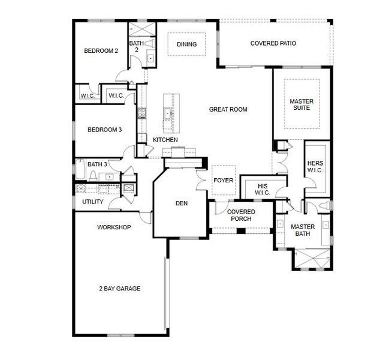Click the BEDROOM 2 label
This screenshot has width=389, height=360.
101,51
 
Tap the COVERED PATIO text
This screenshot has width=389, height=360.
273,43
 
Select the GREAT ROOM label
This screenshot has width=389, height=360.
228,109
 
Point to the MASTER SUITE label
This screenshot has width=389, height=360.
301,104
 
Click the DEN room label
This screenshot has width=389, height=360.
182,203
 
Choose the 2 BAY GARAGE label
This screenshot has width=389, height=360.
120,289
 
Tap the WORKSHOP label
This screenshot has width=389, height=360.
114,227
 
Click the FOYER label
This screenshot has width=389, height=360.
224,181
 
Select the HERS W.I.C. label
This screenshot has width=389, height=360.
315,167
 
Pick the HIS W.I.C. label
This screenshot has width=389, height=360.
263,190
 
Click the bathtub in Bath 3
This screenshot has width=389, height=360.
80,169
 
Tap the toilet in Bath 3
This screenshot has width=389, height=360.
94,176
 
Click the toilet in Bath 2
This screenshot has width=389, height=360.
150,43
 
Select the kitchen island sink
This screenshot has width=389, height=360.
168,114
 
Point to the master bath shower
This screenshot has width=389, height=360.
313,259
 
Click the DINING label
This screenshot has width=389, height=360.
186,44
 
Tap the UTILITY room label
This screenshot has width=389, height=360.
93,202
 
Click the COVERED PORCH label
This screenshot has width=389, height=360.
241,215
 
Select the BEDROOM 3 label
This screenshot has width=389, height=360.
105,130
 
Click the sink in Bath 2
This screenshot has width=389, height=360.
151,58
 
